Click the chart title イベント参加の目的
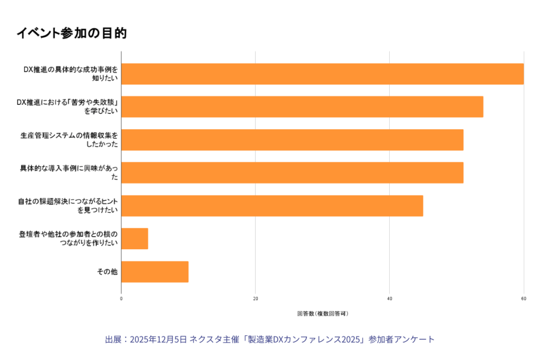(71, 33)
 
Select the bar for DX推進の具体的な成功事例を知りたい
(322, 74)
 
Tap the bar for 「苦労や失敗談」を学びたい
(302, 106)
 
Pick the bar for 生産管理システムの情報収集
(292, 140)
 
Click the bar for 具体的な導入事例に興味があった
(292, 172)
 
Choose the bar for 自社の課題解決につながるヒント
(272, 206)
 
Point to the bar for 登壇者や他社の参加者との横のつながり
(134, 239)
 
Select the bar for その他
(155, 271)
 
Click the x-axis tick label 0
(121, 299)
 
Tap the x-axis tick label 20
(255, 299)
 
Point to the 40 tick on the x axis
(390, 299)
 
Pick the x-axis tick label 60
(524, 299)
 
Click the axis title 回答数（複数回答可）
(322, 314)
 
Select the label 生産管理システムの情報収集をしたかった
(69, 140)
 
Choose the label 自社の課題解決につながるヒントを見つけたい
(68, 206)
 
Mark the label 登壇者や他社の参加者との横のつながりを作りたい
(69, 239)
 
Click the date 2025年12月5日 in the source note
(158, 339)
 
